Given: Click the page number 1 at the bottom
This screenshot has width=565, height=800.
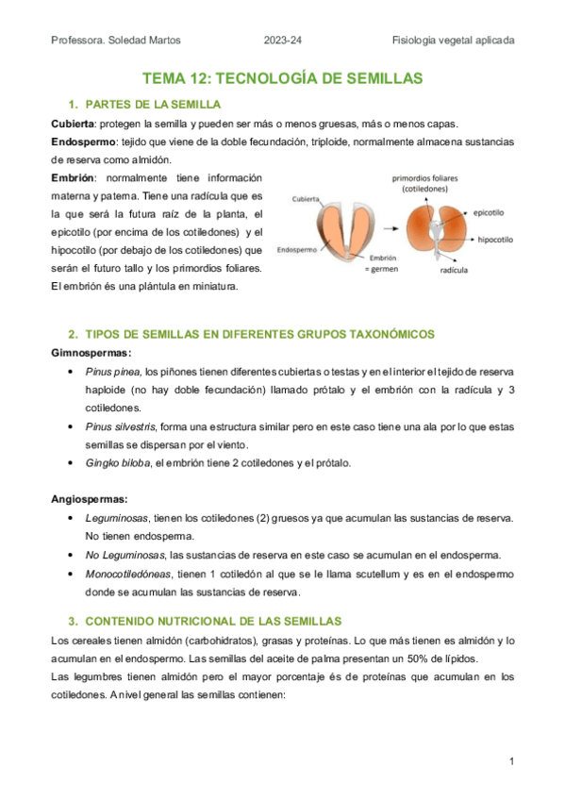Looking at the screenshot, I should click(510, 760).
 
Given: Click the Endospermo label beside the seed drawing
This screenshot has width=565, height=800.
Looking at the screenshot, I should click(296, 251).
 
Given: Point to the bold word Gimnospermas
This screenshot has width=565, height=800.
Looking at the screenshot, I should click(91, 352).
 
